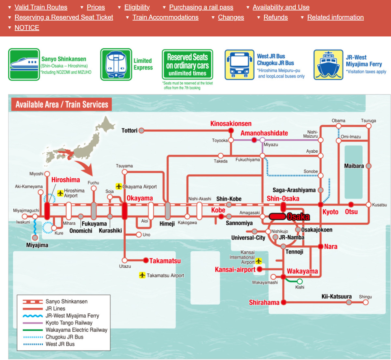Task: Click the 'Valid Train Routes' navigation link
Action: pyautogui.click(x=41, y=7)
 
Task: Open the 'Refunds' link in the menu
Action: pyautogui.click(x=275, y=17)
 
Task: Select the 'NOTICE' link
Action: pyautogui.click(x=27, y=28)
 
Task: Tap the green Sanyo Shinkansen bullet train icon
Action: pyautogui.click(x=24, y=64)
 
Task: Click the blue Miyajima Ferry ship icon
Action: pyautogui.click(x=328, y=65)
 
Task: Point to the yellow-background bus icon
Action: pyautogui.click(x=239, y=65)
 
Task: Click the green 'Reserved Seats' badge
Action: pyautogui.click(x=187, y=65)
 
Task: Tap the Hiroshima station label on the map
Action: pyautogui.click(x=65, y=180)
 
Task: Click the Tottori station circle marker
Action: pyautogui.click(x=141, y=131)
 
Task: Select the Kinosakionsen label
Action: pyautogui.click(x=231, y=124)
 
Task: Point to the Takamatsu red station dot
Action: pyautogui.click(x=146, y=260)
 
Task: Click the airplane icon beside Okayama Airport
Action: pyautogui.click(x=119, y=187)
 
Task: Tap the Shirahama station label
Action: pyautogui.click(x=264, y=302)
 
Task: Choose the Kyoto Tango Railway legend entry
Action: pyautogui.click(x=69, y=323)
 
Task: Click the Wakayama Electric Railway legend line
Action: pyautogui.click(x=33, y=330)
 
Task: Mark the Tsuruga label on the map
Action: pyautogui.click(x=368, y=121)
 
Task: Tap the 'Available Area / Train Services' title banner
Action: pyautogui.click(x=62, y=104)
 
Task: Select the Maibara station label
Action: pyautogui.click(x=354, y=166)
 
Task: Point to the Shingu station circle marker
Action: pyautogui.click(x=366, y=302)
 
